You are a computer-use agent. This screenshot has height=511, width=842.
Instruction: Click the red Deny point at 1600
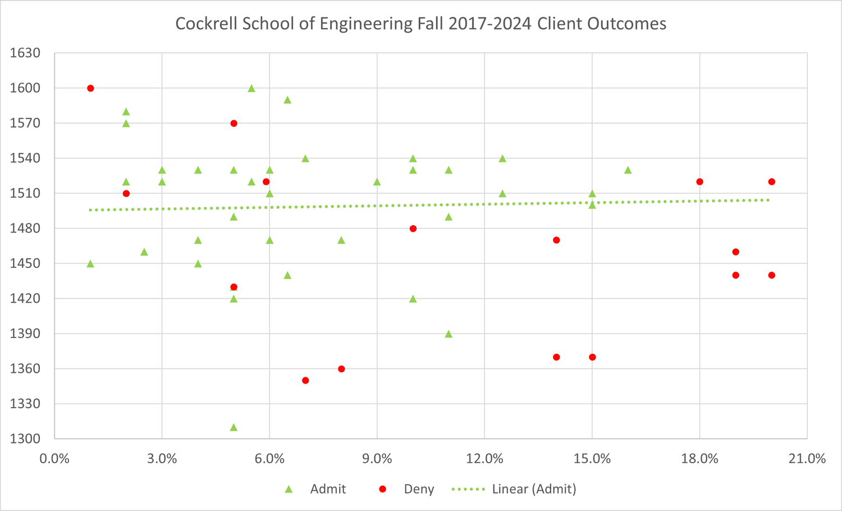click(x=90, y=88)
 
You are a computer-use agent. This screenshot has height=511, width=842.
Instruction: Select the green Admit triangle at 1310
click(x=234, y=427)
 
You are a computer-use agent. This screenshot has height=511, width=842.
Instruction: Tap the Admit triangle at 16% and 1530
click(x=628, y=170)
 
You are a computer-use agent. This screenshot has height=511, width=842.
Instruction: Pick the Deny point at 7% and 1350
click(x=305, y=380)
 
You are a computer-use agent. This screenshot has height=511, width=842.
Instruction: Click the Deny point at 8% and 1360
click(x=341, y=369)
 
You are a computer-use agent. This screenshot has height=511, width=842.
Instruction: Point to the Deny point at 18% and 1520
click(x=699, y=182)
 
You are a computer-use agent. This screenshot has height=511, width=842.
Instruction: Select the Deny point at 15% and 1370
click(x=592, y=357)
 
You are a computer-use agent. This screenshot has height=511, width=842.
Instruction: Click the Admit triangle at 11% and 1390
click(x=449, y=334)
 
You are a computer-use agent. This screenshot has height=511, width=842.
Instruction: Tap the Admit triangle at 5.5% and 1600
click(x=251, y=88)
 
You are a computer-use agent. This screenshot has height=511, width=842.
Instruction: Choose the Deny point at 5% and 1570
click(x=234, y=124)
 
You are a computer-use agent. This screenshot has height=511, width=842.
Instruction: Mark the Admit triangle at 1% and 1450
click(x=90, y=264)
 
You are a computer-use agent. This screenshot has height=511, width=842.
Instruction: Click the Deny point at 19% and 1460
click(x=735, y=252)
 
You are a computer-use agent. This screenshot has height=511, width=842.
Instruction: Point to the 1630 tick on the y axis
click(x=26, y=53)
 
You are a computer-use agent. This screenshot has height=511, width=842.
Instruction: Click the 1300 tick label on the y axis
click(x=26, y=439)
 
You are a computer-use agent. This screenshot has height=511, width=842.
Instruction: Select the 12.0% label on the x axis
click(x=484, y=459)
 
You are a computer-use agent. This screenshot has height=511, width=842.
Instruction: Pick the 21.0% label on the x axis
click(x=807, y=459)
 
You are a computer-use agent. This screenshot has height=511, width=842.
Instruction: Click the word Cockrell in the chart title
click(x=203, y=24)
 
